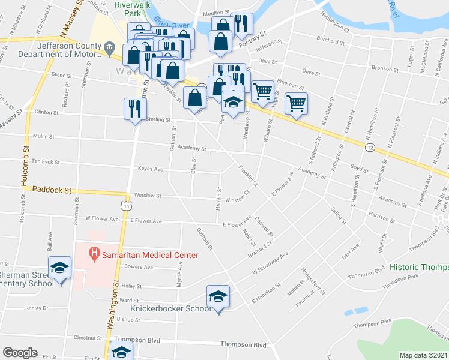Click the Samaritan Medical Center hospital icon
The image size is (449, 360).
pos(94,254)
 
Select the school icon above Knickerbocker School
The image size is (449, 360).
pos(218,296)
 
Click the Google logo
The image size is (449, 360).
pos(20,353)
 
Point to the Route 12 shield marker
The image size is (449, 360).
pos(370,147)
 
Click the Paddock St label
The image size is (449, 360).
pos(52,190)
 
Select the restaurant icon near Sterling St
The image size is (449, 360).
pos(134,109)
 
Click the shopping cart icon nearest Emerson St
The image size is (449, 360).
pos(262,91)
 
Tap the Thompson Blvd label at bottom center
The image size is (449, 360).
pos(243,344)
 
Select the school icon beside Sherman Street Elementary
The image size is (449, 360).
pos(59,268)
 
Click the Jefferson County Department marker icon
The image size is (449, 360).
pos(109,47)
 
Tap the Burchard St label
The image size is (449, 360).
pos(331,42)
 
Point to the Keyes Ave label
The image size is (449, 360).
pos(151,169)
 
